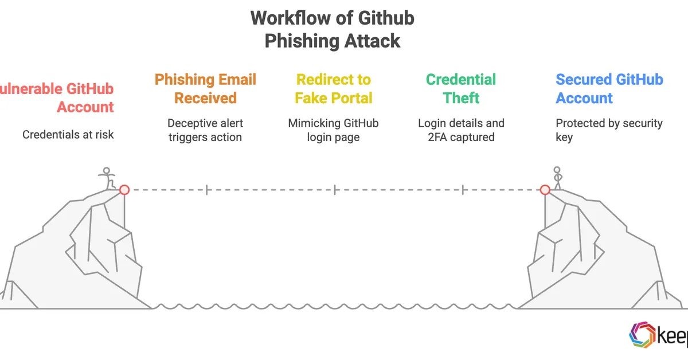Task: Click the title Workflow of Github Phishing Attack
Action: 333,29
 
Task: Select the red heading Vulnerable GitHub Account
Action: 57,97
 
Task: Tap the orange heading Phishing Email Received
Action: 205,88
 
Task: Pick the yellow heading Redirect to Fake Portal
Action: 333,88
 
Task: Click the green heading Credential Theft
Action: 461,88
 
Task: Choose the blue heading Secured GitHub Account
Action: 609,88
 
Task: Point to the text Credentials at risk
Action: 68,135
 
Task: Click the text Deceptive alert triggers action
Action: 205,130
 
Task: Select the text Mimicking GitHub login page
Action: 333,130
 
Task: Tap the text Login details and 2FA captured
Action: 461,130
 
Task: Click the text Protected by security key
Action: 609,130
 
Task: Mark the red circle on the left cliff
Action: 124,190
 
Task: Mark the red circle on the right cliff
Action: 545,190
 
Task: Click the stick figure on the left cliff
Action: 107,178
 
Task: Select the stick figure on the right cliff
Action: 556,178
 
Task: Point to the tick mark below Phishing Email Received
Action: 206,190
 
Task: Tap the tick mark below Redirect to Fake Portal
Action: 335,190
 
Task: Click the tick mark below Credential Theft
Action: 463,190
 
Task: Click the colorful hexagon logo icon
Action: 642,335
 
